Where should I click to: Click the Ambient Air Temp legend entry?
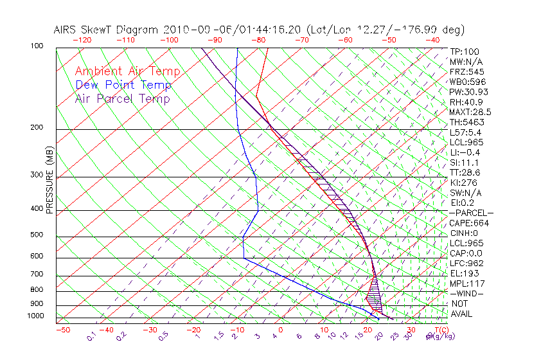(127, 71)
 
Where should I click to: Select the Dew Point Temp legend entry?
(123, 85)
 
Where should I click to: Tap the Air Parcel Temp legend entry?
(122, 98)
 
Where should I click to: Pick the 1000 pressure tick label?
(36, 316)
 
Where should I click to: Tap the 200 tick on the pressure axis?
(37, 128)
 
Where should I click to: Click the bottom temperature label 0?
(280, 330)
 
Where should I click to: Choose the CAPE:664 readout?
(469, 223)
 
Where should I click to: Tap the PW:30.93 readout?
(469, 92)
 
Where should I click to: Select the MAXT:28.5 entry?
(471, 112)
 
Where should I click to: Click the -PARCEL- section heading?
(471, 213)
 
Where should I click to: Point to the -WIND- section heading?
(466, 293)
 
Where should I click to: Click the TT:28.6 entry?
(465, 172)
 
